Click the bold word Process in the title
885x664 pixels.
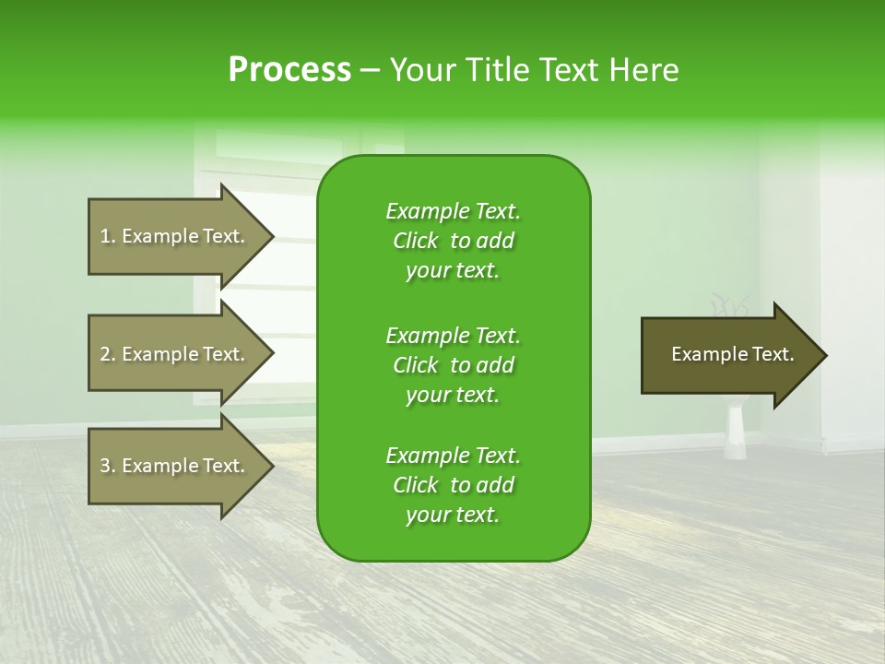click(x=289, y=70)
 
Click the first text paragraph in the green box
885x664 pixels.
click(x=453, y=241)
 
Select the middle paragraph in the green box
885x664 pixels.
click(x=453, y=365)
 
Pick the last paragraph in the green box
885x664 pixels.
click(x=453, y=485)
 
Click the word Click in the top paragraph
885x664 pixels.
click(x=416, y=241)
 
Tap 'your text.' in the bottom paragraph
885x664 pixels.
click(x=453, y=516)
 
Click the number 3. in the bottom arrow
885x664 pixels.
click(x=108, y=466)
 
